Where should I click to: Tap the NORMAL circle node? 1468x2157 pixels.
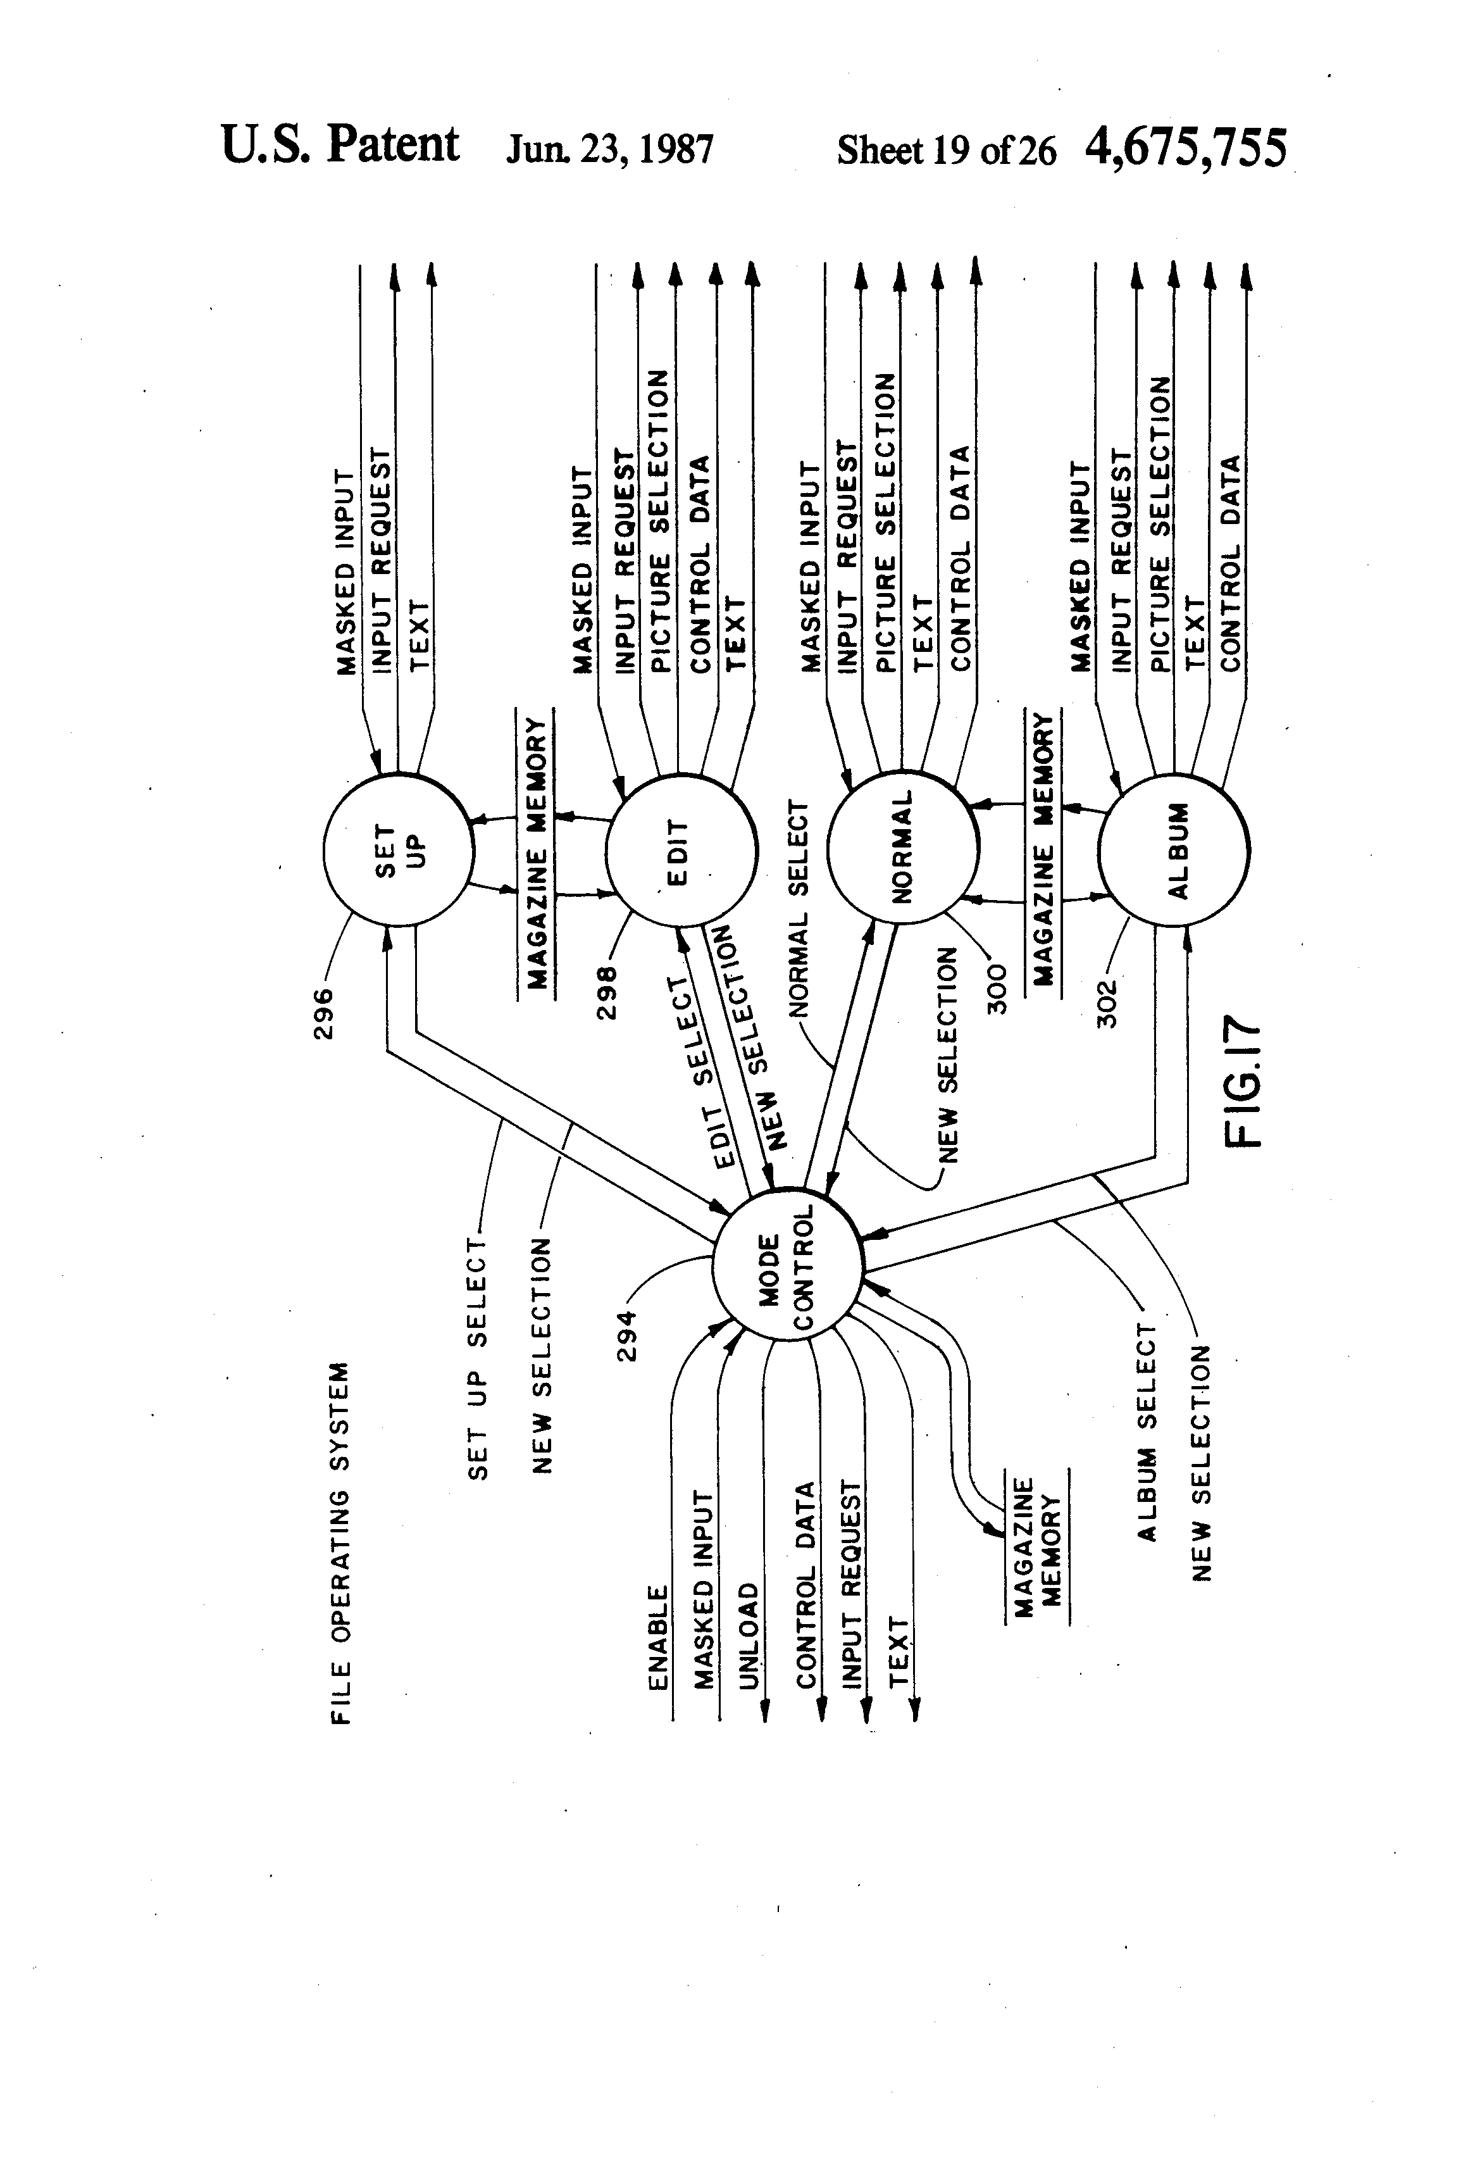pyautogui.click(x=903, y=846)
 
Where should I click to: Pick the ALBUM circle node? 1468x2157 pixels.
pyautogui.click(x=1174, y=848)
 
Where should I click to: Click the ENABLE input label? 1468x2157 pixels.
pyautogui.click(x=657, y=1637)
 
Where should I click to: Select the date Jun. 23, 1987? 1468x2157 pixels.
pyautogui.click(x=609, y=149)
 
